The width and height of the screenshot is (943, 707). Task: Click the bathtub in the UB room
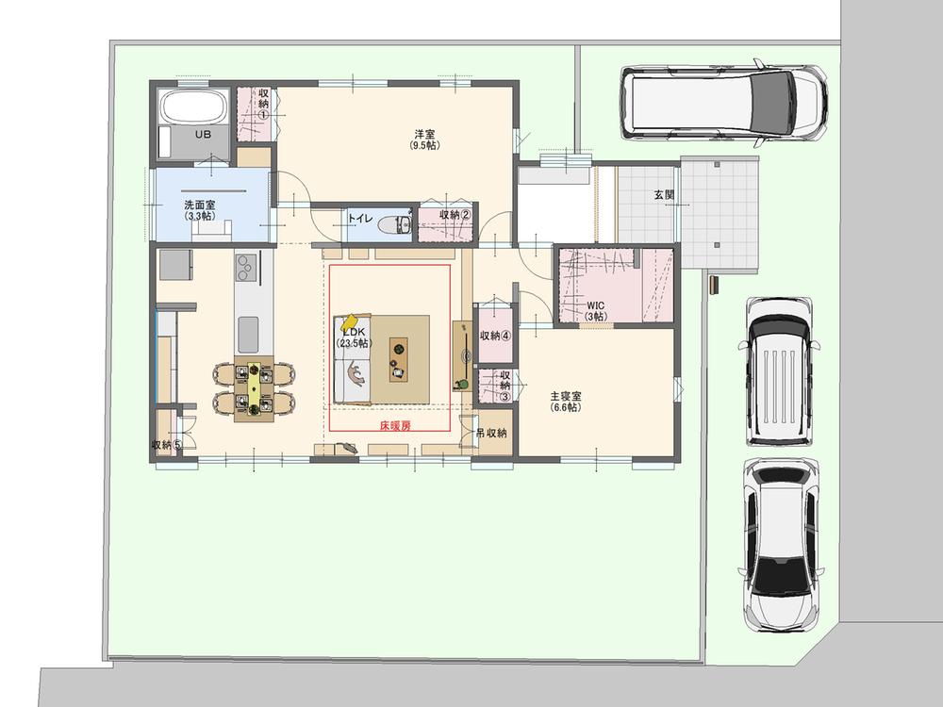[x=193, y=107]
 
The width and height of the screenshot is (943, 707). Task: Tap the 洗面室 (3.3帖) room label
[x=200, y=210]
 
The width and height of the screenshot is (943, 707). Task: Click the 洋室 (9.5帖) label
[x=424, y=140]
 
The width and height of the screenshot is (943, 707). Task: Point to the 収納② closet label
[x=455, y=214]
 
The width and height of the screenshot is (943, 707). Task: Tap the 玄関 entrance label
[x=664, y=195]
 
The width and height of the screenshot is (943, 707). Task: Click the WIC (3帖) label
[x=595, y=311]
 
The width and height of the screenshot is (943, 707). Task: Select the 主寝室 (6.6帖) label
[x=566, y=402]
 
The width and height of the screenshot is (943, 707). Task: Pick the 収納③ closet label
[x=505, y=386]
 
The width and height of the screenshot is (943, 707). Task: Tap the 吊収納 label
[x=491, y=433]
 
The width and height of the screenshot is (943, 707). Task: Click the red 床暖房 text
[x=395, y=426]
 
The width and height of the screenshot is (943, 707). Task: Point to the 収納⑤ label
[x=167, y=445]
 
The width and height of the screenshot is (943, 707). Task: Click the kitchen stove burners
[x=246, y=268]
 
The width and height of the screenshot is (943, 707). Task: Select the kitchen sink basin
[x=247, y=335]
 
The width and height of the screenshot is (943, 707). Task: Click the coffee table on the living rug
[x=398, y=359]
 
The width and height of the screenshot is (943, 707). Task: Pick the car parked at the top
[x=724, y=102]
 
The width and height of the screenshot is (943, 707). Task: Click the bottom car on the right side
[x=781, y=545]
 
